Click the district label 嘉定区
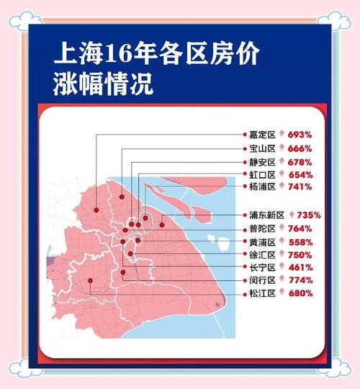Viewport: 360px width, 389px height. [262, 135]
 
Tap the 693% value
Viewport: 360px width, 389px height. [300, 135]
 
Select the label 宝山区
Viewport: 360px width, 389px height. [262, 148]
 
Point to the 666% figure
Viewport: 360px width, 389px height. [300, 148]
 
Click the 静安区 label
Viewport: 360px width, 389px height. [262, 161]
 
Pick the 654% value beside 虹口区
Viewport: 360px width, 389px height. [300, 174]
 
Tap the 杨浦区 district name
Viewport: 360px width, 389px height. [262, 187]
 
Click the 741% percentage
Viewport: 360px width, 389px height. [300, 187]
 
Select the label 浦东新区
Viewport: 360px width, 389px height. [267, 215]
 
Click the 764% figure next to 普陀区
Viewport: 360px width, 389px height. [300, 228]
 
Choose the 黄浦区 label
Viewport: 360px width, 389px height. [262, 241]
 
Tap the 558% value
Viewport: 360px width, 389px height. [300, 241]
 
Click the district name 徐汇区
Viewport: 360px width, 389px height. [262, 254]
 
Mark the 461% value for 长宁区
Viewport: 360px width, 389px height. [300, 267]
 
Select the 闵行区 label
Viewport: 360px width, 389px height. [262, 280]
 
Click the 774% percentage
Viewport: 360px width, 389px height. [300, 280]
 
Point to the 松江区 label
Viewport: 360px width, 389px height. [262, 293]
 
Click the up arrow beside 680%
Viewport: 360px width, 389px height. [282, 293]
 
